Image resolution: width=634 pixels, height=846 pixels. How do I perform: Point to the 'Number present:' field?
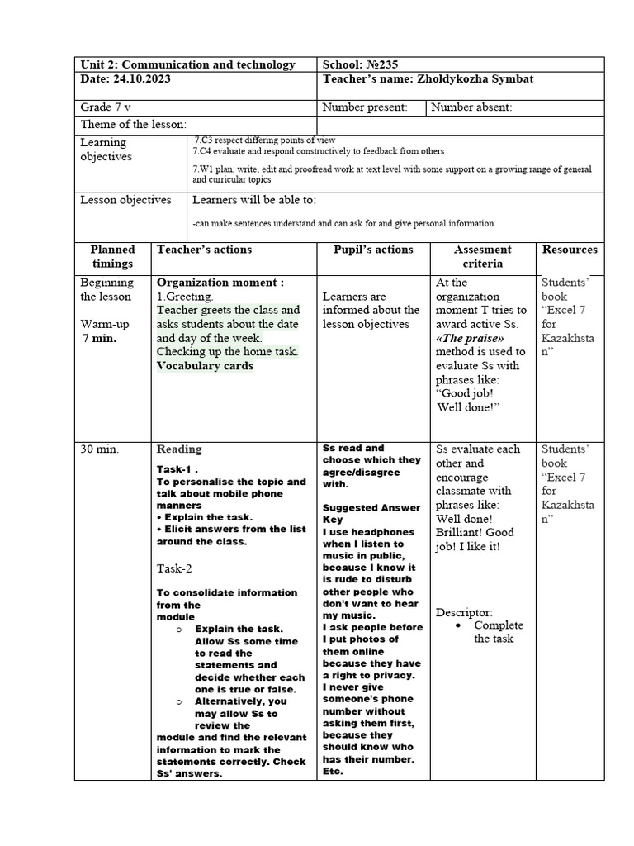(364, 107)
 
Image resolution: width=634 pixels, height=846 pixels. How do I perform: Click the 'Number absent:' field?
(471, 107)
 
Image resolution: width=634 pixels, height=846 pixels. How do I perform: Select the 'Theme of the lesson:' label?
(133, 124)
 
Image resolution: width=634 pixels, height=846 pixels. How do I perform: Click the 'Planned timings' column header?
(112, 256)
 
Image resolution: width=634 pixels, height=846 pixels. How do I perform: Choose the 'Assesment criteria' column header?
(482, 256)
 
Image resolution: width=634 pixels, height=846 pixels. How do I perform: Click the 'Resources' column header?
(570, 250)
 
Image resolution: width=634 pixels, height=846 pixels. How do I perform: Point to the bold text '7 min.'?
(99, 339)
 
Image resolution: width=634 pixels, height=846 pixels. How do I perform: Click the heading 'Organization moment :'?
(220, 282)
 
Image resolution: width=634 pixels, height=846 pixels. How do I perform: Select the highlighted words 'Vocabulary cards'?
(205, 366)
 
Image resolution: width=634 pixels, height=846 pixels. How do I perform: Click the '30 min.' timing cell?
(100, 449)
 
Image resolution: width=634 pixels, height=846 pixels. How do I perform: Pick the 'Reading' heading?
(179, 449)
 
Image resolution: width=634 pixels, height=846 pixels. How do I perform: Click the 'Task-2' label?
(175, 568)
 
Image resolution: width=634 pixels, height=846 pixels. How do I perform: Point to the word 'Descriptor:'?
(464, 612)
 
